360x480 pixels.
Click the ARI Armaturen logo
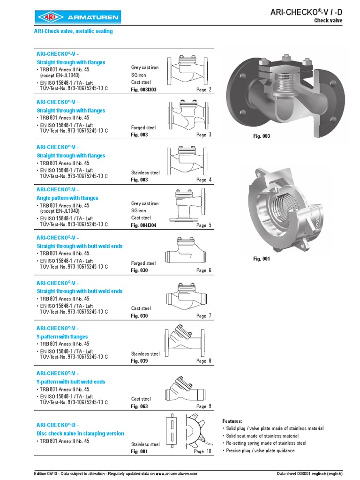pyautogui.click(x=77, y=18)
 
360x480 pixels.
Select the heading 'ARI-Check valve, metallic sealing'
pyautogui.click(x=73, y=31)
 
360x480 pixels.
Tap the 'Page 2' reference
pyautogui.click(x=204, y=90)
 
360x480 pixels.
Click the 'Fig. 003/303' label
pyautogui.click(x=143, y=90)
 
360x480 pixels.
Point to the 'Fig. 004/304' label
pyautogui.click(x=143, y=225)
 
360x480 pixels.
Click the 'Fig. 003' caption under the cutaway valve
pyautogui.click(x=262, y=136)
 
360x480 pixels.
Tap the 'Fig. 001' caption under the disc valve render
pyautogui.click(x=262, y=259)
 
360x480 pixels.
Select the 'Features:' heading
pyautogui.click(x=232, y=421)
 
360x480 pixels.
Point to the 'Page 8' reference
pyautogui.click(x=204, y=361)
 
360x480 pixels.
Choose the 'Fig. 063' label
pyautogui.click(x=139, y=406)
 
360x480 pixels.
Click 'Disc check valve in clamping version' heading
pyautogui.click(x=81, y=434)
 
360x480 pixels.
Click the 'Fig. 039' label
pyautogui.click(x=139, y=361)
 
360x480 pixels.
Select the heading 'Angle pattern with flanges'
pyautogui.click(x=67, y=198)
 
